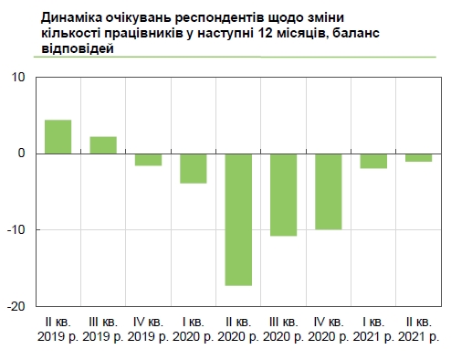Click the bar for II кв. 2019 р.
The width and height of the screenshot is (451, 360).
58,137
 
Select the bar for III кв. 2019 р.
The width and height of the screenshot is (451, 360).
103,145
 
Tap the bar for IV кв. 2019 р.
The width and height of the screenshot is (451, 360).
148,160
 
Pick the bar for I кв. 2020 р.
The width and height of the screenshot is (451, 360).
193,168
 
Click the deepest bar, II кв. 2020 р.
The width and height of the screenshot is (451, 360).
238,219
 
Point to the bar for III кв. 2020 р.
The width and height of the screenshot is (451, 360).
283,195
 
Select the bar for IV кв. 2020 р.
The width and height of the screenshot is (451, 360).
329,191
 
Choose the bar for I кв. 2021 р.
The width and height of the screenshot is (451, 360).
373,161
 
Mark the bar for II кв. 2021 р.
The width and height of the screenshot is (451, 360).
418,157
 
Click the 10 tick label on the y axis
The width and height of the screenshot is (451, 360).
18,77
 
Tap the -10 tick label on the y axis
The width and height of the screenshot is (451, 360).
16,229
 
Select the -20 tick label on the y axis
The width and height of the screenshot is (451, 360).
16,305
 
